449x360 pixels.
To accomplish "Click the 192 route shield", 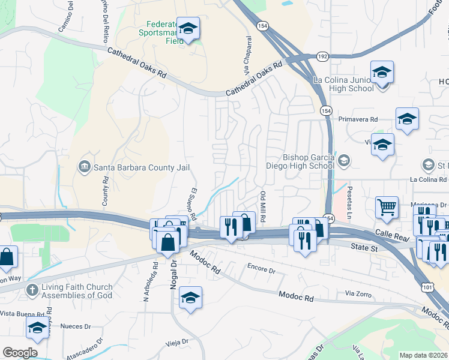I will click(322, 56).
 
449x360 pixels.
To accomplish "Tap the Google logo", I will click(20, 353).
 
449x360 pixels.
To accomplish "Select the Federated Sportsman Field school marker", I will click(188, 28).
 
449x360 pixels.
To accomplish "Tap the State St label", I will click(363, 245).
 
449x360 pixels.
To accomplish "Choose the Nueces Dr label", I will click(75, 327).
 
